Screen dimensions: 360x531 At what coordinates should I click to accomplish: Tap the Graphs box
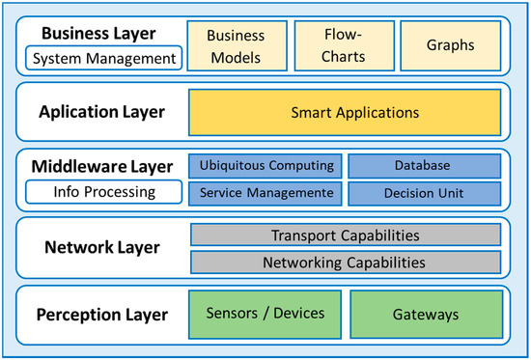pos(449,45)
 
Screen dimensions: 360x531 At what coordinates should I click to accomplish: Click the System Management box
pos(105,59)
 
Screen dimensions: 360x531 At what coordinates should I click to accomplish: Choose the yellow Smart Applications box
pos(344,113)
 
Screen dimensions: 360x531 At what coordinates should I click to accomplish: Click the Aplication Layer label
pos(101,113)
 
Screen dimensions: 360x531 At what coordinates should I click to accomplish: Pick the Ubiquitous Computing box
pos(265,166)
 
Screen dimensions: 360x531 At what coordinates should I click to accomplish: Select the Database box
pos(424,166)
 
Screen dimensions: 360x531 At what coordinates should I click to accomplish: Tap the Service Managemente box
pos(265,192)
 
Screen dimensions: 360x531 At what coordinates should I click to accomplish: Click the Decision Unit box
pos(424,192)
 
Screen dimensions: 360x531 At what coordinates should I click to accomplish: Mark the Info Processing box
pos(104,192)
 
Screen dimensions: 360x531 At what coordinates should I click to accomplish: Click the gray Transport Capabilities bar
pos(346,235)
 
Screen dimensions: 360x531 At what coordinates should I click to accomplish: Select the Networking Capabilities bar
pos(346,262)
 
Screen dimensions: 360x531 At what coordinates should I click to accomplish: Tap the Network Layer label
pos(102,247)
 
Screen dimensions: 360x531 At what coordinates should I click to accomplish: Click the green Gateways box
pos(424,315)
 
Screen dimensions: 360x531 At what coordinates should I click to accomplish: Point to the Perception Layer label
pos(102,315)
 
